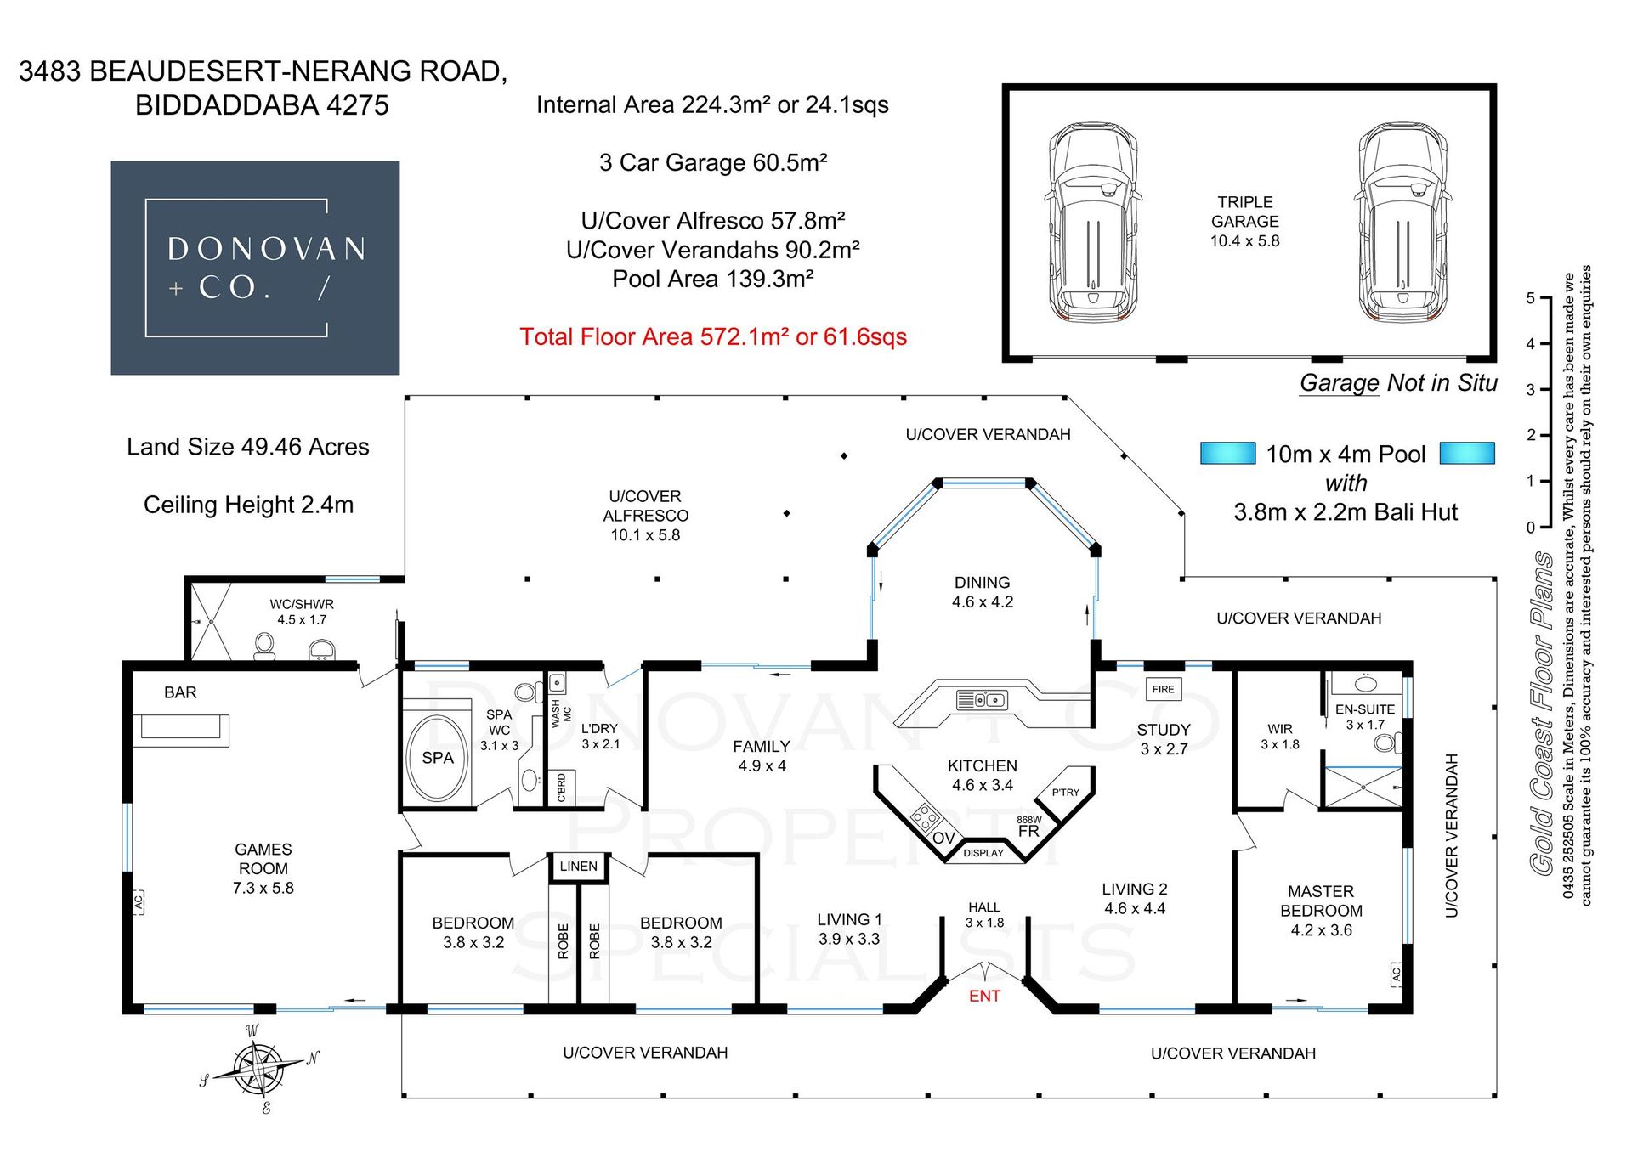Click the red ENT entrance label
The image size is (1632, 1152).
pyautogui.click(x=984, y=996)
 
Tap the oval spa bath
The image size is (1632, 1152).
pyautogui.click(x=437, y=758)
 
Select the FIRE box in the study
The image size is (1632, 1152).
pyautogui.click(x=1163, y=689)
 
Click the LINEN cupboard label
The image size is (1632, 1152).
pyautogui.click(x=578, y=866)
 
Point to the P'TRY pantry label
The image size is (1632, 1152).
pyautogui.click(x=1065, y=792)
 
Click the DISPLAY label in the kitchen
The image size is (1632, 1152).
pyautogui.click(x=983, y=853)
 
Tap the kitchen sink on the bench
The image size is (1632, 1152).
pyautogui.click(x=982, y=701)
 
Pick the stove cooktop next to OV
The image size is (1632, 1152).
pyautogui.click(x=925, y=817)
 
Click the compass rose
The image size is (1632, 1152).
pyautogui.click(x=257, y=1067)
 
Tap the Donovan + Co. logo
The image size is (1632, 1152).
pyautogui.click(x=255, y=268)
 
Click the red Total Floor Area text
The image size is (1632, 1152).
pyautogui.click(x=713, y=337)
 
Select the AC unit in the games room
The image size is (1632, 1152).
pyautogui.click(x=138, y=901)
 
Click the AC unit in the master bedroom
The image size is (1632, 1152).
pyautogui.click(x=1396, y=974)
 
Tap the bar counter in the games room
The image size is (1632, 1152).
pyautogui.click(x=180, y=729)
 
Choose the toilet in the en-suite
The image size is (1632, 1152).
pyautogui.click(x=1386, y=744)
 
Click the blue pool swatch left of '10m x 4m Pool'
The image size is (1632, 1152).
pyautogui.click(x=1227, y=453)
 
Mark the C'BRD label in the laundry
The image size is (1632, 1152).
pyautogui.click(x=561, y=788)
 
